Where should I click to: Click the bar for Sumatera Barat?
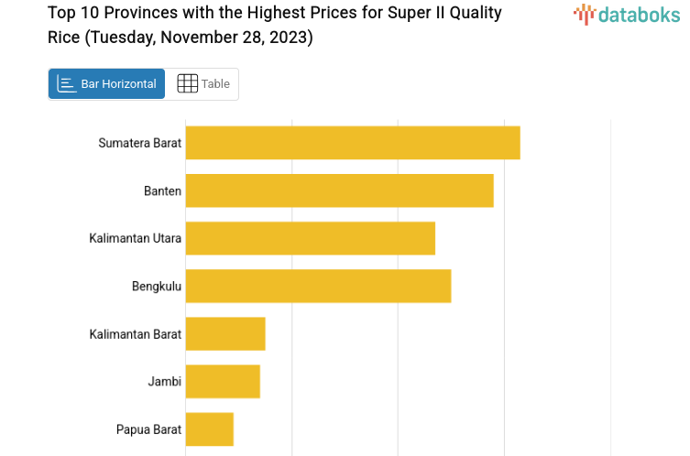(x=353, y=143)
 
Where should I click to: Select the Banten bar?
(x=339, y=190)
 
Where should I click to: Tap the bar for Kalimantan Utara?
(x=310, y=238)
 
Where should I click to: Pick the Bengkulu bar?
(x=318, y=286)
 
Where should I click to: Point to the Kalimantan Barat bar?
(x=225, y=333)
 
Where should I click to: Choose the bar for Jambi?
(x=223, y=381)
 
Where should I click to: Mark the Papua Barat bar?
(x=210, y=429)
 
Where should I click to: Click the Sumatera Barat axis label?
(x=140, y=143)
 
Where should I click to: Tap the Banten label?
(x=162, y=190)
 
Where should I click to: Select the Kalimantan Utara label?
(x=136, y=238)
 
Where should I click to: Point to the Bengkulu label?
(x=157, y=287)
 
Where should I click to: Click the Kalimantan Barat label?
(x=136, y=333)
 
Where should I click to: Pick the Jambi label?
(x=165, y=381)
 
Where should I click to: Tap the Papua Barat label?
(x=148, y=429)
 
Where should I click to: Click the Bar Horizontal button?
(x=106, y=84)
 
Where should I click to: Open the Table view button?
(x=203, y=84)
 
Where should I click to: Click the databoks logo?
(x=627, y=14)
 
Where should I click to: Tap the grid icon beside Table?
(x=187, y=84)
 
